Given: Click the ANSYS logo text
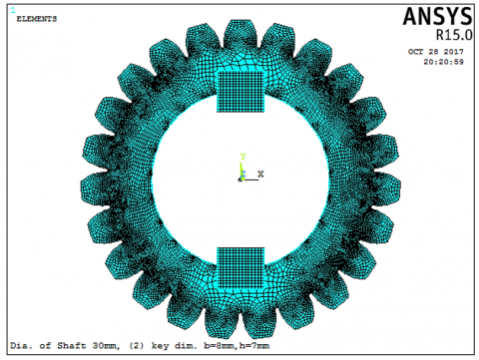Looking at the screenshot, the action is [437, 16].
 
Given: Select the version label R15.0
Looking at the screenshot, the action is [454, 35].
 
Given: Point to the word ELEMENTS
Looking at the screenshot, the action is [37, 19].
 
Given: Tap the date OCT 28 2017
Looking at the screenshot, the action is [436, 52].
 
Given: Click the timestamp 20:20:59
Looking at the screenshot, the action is [443, 62].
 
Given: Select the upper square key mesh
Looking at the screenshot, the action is [240, 92].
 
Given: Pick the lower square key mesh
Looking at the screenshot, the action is [240, 267].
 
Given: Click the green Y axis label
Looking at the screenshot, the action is [242, 157].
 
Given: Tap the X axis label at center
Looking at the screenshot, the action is [260, 174].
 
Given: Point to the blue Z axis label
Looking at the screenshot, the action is [243, 174].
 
